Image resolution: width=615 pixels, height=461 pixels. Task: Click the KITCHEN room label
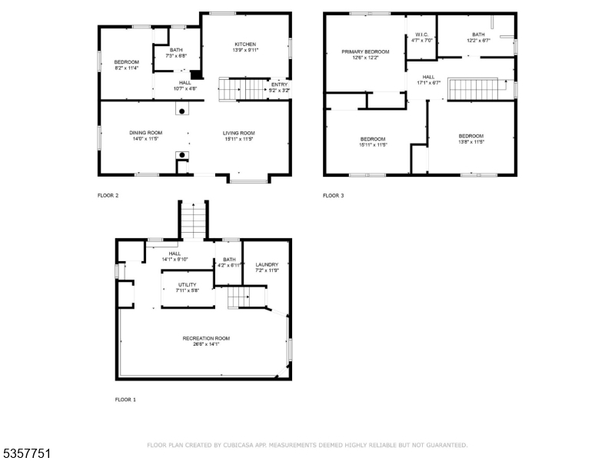(x=244, y=45)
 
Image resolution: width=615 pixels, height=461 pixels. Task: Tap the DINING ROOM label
(x=145, y=133)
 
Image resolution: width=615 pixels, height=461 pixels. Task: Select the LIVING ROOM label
(x=239, y=133)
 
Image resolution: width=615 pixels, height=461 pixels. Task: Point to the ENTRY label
(x=279, y=85)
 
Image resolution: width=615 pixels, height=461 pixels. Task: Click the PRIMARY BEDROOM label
(x=365, y=52)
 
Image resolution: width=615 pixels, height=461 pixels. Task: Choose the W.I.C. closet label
(x=422, y=35)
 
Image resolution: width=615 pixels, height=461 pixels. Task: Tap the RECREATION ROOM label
(x=205, y=338)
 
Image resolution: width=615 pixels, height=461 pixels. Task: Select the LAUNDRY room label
(x=267, y=265)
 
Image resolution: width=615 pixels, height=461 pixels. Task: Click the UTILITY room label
(x=187, y=285)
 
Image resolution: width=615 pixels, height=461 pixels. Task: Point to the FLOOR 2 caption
(x=108, y=196)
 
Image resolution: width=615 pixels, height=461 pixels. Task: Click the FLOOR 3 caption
(x=333, y=196)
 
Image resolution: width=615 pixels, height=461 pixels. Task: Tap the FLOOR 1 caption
(x=125, y=400)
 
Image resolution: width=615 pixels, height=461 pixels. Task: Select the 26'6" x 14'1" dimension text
(x=205, y=344)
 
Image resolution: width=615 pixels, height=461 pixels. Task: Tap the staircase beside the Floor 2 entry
(x=244, y=89)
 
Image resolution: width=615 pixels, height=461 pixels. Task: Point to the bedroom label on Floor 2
(x=127, y=62)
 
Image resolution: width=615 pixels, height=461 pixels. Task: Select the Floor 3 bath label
(x=478, y=35)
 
